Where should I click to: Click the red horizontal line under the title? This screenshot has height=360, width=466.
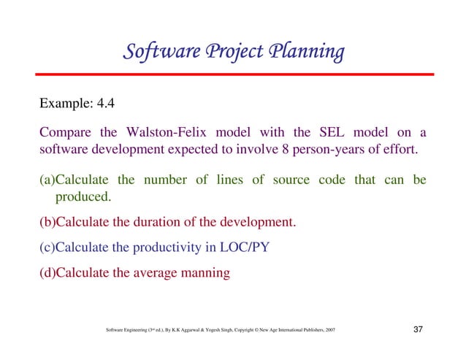tap(233, 74)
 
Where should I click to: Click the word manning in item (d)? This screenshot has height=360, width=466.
tap(207, 273)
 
